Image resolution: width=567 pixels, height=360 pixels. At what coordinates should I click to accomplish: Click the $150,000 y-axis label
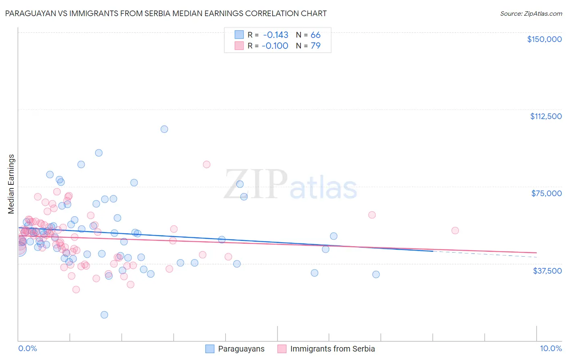544,39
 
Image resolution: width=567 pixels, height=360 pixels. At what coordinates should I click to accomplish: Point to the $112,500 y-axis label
546,116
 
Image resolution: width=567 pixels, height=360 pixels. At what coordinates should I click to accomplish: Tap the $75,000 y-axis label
546,193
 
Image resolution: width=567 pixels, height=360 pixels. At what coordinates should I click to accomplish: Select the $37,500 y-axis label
547,271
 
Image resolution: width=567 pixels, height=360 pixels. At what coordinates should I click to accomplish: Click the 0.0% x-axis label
27,349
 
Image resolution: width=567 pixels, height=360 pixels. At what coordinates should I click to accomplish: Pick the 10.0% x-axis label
550,349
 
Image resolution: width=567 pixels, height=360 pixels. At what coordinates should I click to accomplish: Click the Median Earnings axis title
11,184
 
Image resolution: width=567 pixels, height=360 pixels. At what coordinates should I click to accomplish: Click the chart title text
166,13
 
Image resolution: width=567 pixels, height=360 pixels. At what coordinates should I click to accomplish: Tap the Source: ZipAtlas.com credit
531,13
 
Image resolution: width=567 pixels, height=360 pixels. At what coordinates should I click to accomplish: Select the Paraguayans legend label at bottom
241,349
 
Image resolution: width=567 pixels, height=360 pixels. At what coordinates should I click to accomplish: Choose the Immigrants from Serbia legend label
332,349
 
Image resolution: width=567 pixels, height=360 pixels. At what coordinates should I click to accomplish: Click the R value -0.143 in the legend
275,35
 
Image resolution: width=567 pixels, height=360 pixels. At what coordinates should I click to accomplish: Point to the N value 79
315,46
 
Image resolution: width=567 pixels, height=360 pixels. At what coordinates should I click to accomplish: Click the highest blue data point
164,129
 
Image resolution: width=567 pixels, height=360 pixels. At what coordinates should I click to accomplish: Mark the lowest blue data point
104,315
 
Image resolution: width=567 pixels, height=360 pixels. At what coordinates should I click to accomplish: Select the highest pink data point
206,164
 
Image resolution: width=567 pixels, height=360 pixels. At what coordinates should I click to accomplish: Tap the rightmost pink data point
455,230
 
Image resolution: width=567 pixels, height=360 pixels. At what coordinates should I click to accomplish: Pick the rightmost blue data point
376,274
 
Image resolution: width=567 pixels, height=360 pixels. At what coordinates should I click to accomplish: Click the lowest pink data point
76,289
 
